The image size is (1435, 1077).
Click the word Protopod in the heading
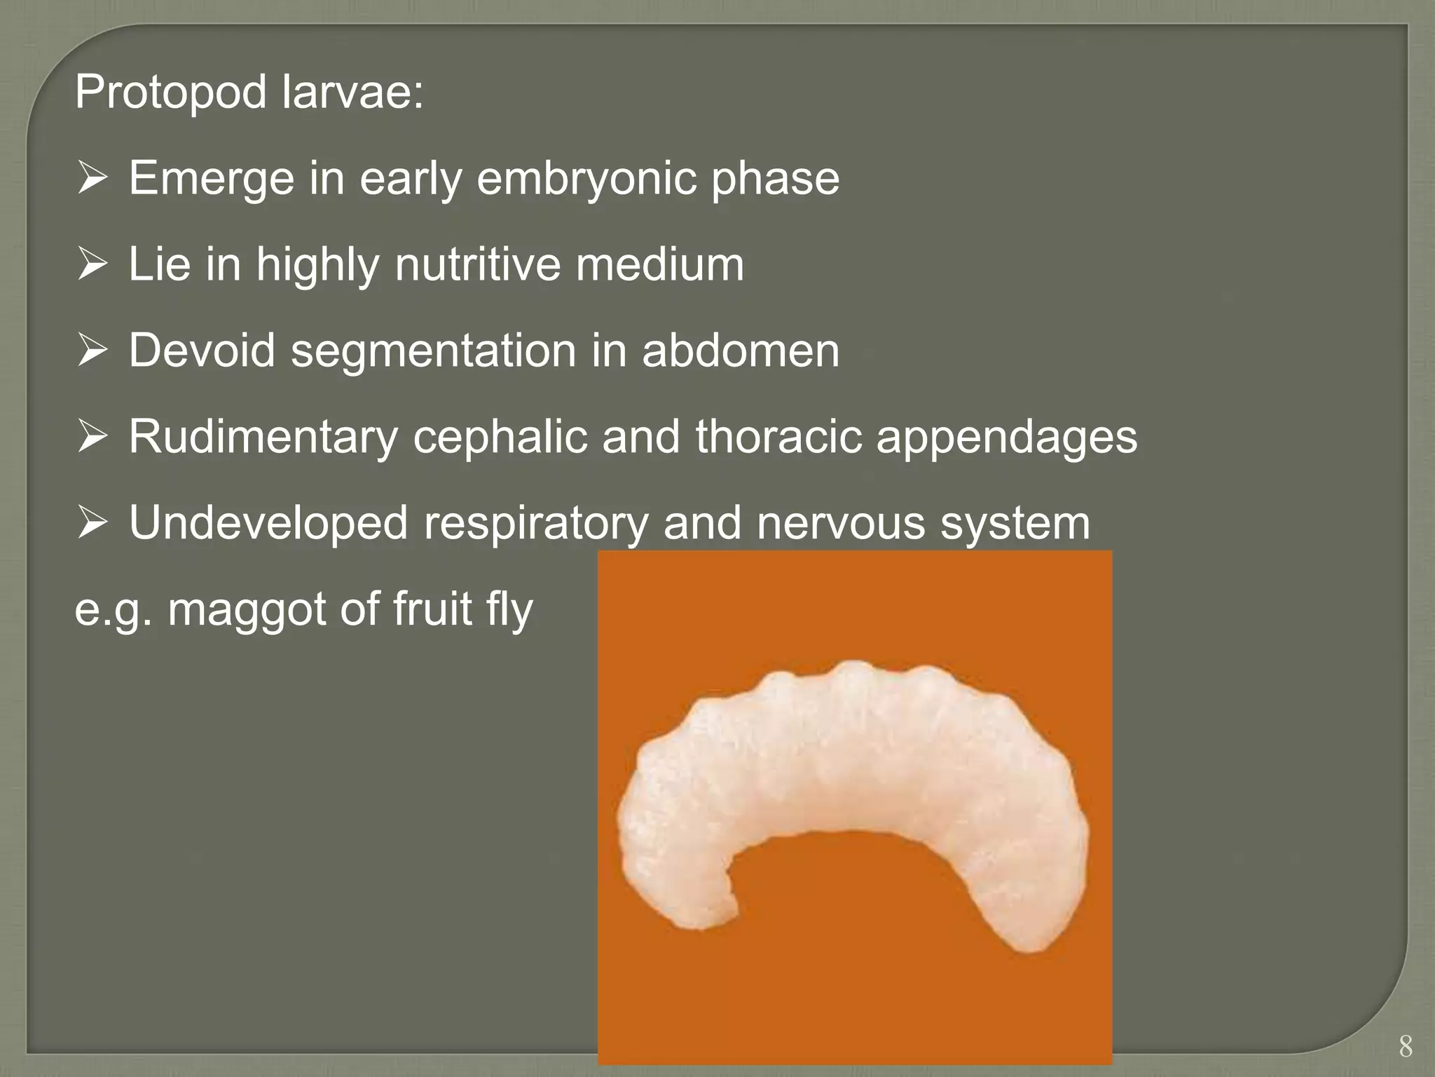tap(170, 93)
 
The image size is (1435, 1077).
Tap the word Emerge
tap(211, 178)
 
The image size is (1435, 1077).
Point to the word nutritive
tap(478, 264)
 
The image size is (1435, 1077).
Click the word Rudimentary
tap(263, 437)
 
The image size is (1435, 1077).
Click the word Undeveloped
tap(268, 523)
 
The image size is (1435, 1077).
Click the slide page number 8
tap(1406, 1046)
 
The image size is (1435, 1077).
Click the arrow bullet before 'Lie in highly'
tap(92, 265)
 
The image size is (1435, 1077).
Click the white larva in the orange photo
tap(848, 771)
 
